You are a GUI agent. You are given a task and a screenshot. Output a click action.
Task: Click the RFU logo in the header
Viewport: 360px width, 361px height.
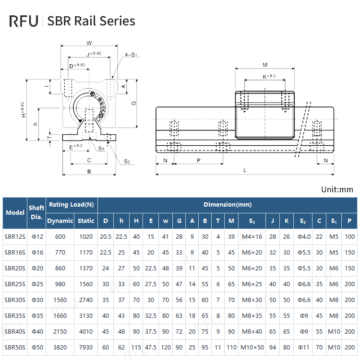(24, 21)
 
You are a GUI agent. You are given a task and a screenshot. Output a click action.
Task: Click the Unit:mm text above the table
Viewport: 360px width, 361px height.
(337, 189)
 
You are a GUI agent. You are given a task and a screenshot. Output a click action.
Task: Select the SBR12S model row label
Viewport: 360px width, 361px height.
(14, 236)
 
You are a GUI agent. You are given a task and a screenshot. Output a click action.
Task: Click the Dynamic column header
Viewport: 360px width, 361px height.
(60, 221)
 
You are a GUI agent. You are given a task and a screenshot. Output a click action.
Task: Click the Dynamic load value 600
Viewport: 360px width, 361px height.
(60, 236)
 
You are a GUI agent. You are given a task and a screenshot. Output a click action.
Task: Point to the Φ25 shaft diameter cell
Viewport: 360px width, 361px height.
(37, 284)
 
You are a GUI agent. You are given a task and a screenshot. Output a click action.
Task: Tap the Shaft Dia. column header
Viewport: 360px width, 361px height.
(37, 212)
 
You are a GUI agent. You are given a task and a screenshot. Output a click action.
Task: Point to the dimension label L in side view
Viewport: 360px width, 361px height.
(245, 170)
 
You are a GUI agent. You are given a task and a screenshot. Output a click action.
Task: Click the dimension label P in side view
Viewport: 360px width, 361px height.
(198, 161)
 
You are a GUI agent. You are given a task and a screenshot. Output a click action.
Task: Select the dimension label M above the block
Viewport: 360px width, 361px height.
(265, 65)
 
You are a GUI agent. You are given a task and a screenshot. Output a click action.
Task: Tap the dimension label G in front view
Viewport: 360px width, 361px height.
(134, 103)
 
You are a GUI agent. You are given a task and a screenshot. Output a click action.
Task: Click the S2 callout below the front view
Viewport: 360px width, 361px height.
(127, 162)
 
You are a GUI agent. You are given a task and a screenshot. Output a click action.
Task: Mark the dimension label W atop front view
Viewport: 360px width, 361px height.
(89, 42)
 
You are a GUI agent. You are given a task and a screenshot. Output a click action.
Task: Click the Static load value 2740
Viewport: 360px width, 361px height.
(86, 300)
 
